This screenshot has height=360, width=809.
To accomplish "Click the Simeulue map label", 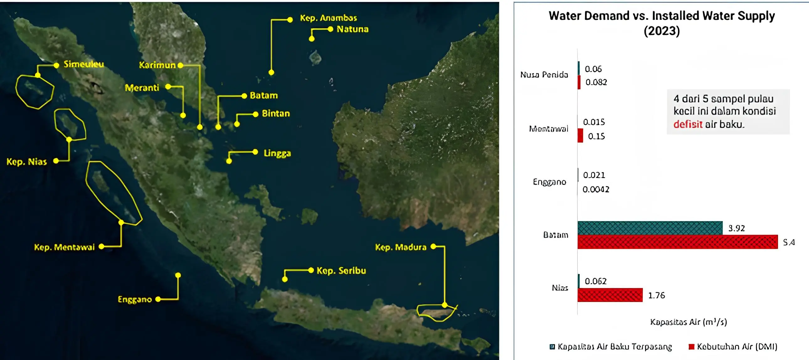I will pos(83,64).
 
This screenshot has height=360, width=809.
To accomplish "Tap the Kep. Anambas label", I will pos(328,18).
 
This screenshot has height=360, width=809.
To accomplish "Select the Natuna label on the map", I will pos(352,29).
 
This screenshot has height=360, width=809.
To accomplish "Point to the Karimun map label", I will pos(157,65).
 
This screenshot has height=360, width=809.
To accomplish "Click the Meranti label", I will pos(142,87).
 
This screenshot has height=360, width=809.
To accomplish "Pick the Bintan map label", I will pos(276,114).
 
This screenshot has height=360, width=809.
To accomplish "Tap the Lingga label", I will pos(277,153).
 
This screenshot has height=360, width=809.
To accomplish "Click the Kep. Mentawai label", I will pos(64,247).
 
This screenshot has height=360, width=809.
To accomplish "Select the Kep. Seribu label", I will pos(341,271).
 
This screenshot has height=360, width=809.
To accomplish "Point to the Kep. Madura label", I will pos(400,247).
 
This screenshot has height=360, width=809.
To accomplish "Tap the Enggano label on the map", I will pos(135,299).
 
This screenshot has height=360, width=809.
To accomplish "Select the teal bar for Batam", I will pos(649,228).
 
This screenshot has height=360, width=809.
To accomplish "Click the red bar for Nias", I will pos(610,295).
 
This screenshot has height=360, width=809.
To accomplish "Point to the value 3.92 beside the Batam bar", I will pos(736,228).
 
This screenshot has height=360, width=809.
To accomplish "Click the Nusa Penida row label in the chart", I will pos(544,75).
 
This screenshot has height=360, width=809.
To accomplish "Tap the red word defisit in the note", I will pos(687,124).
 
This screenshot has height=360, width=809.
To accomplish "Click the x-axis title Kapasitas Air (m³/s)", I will pos(688,322).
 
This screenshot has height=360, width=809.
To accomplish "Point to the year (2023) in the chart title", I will pos(661,31).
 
